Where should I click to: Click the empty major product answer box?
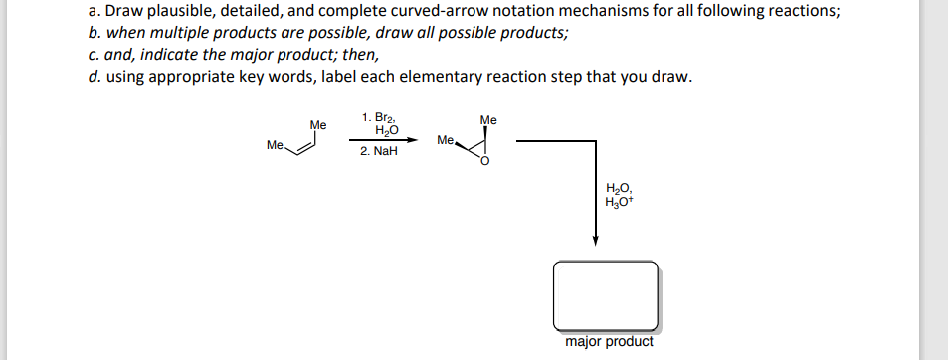(x=606, y=295)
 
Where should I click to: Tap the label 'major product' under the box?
(x=609, y=342)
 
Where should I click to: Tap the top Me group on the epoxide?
(x=487, y=120)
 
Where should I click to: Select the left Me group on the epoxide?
(x=445, y=140)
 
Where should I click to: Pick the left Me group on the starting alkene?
(x=275, y=145)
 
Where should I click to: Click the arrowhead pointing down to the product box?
(x=595, y=242)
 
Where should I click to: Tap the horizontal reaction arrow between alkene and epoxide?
(x=380, y=139)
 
